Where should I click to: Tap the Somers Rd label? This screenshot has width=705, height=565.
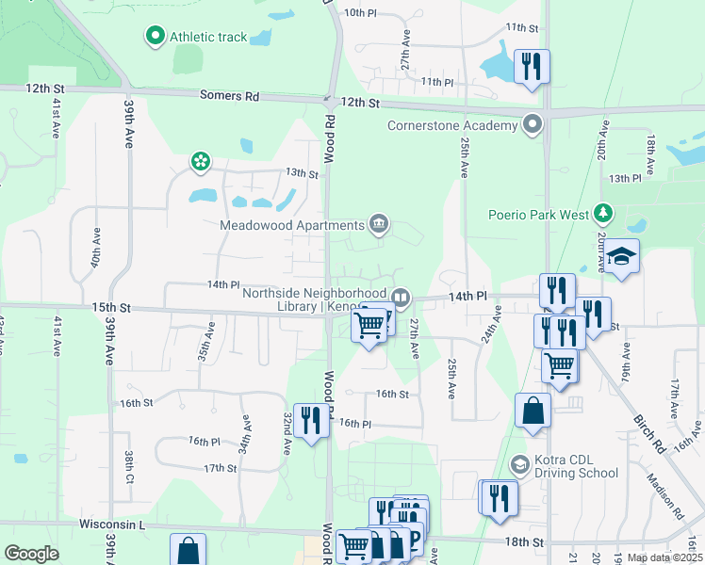click(228, 96)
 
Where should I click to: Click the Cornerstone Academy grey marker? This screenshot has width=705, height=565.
click(533, 124)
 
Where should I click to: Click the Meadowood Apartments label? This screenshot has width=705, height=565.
click(291, 225)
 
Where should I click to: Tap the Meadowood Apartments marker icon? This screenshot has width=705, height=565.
click(378, 223)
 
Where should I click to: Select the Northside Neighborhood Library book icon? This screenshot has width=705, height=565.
click(401, 298)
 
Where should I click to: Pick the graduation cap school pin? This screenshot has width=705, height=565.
click(622, 256)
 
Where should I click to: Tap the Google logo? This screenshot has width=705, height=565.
click(32, 554)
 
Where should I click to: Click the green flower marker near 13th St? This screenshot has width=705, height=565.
click(200, 163)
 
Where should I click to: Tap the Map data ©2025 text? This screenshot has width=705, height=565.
click(664, 557)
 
